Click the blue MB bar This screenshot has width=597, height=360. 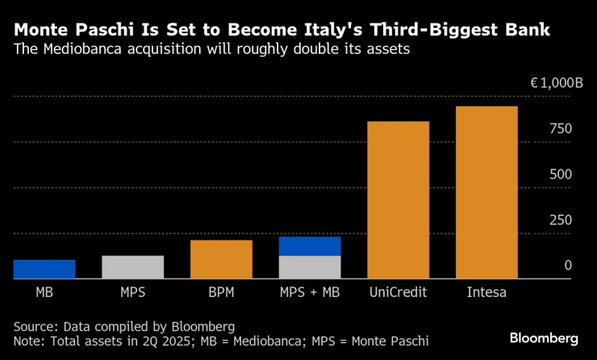(x=44, y=269)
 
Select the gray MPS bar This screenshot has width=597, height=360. (x=132, y=267)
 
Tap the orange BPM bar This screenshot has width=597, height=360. (x=221, y=259)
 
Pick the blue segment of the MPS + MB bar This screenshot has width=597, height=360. (x=310, y=245)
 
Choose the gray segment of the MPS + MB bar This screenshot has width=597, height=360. (x=310, y=267)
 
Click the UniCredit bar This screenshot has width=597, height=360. (x=398, y=200)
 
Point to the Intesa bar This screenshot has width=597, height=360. (x=486, y=192)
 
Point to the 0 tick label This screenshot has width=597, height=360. (x=568, y=266)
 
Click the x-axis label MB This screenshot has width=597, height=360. (x=44, y=291)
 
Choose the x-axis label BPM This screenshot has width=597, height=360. (x=221, y=291)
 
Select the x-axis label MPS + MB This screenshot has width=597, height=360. (x=310, y=291)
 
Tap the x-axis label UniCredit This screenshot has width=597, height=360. (x=398, y=291)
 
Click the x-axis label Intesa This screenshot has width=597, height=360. (x=486, y=291)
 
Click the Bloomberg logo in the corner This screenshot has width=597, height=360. (x=544, y=337)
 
